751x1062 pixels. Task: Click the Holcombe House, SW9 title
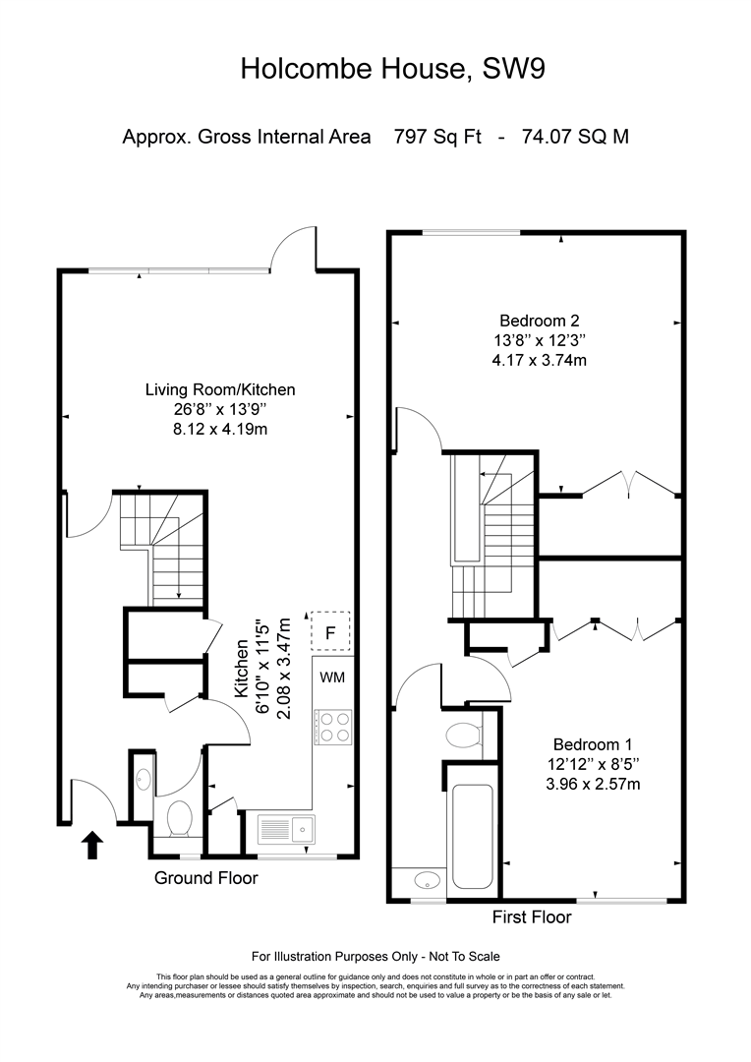(x=393, y=69)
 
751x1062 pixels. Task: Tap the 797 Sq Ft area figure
(x=437, y=137)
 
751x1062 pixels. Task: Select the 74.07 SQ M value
(x=575, y=137)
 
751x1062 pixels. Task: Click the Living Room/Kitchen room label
(x=220, y=389)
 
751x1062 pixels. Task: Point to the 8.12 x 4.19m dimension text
(x=220, y=429)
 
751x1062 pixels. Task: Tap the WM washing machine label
(x=332, y=678)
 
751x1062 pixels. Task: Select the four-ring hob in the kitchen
(x=332, y=726)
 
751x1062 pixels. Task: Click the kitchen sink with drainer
(x=286, y=829)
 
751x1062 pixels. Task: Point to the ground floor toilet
(x=180, y=818)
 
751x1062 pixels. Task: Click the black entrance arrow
(x=92, y=846)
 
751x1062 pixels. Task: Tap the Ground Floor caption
(x=205, y=878)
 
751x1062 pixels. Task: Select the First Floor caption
(x=532, y=917)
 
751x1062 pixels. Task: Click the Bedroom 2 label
(x=540, y=321)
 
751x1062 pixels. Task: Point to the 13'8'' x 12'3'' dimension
(x=540, y=340)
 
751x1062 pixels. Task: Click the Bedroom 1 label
(x=593, y=745)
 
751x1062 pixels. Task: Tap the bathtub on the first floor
(x=472, y=836)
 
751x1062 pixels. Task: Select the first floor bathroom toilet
(x=465, y=735)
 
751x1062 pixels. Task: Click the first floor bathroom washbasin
(x=428, y=880)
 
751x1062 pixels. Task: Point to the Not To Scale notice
(x=464, y=957)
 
